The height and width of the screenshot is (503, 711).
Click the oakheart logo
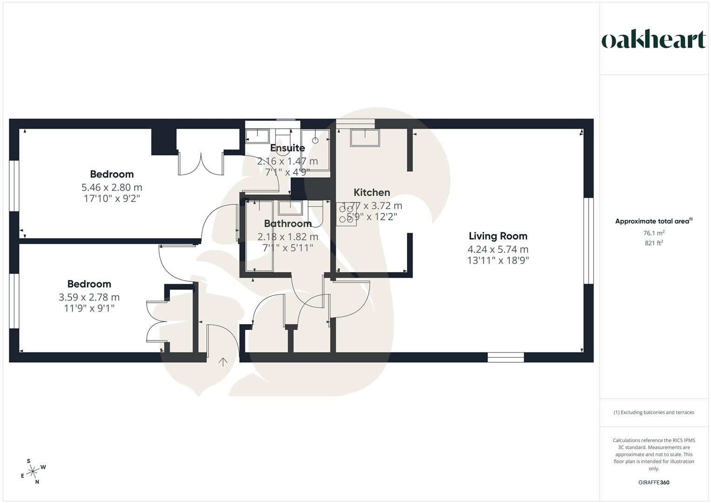[x=653, y=40]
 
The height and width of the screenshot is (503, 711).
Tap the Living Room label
[x=498, y=236]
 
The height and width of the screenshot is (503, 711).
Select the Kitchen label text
[x=372, y=192]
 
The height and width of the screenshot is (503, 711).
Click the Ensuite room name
[x=287, y=148]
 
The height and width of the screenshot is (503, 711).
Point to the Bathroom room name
[x=287, y=224]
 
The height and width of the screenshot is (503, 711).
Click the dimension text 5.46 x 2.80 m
[x=112, y=187]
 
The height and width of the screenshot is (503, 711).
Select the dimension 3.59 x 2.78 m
[x=89, y=297]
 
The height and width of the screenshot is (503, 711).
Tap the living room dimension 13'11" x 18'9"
[x=498, y=260]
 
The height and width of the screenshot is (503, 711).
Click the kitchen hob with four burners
[x=346, y=214]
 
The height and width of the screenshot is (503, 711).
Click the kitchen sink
[x=365, y=137]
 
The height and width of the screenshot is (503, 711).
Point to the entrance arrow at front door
[x=223, y=362]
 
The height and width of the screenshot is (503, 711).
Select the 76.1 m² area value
[x=653, y=233]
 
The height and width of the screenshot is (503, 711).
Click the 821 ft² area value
[x=653, y=243]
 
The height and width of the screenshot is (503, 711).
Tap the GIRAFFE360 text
[x=653, y=483]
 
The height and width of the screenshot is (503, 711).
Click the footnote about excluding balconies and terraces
[x=653, y=412]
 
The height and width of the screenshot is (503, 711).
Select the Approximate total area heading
[x=653, y=221]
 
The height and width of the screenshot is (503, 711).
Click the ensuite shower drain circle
[x=315, y=139]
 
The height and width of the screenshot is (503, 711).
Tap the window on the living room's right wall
[x=589, y=240]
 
